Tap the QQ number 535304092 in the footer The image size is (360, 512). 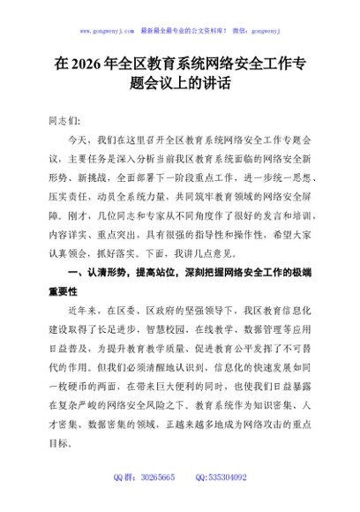click(228, 501)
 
